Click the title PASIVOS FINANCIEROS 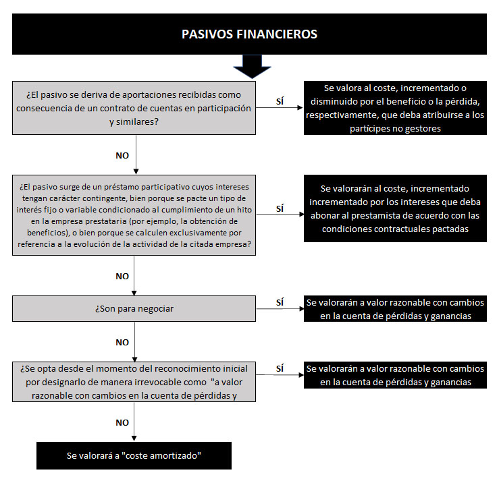[249, 34]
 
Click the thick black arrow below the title [252, 67]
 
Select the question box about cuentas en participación [134, 108]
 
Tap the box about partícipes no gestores [395, 108]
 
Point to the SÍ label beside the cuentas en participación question [280, 101]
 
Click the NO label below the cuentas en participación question [122, 155]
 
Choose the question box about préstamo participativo [134, 215]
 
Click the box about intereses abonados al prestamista [395, 208]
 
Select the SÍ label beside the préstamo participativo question [280, 208]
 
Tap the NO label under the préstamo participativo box [122, 277]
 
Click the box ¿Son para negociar [134, 309]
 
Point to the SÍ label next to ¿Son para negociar [280, 302]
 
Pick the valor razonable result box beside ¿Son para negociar [395, 309]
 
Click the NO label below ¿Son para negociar [122, 343]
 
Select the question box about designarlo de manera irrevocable [134, 382]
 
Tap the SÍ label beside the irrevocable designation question [280, 368]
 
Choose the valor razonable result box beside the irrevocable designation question [395, 375]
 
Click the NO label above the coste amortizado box [122, 422]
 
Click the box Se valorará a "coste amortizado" [134, 455]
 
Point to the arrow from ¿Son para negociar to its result [280, 309]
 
